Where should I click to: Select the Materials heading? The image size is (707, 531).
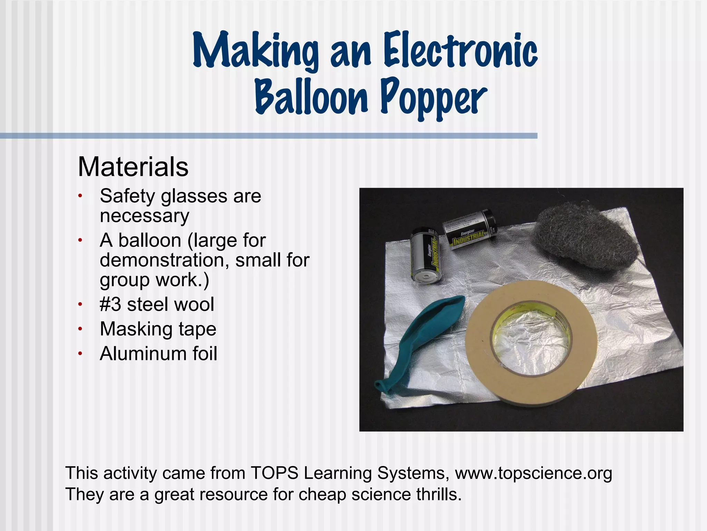click(133, 167)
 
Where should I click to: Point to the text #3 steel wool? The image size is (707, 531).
click(157, 305)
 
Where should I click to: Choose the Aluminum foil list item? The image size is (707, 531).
click(158, 354)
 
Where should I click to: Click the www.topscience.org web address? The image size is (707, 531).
click(533, 473)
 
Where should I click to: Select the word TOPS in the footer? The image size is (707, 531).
click(274, 473)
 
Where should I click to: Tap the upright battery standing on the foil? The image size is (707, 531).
click(425, 254)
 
